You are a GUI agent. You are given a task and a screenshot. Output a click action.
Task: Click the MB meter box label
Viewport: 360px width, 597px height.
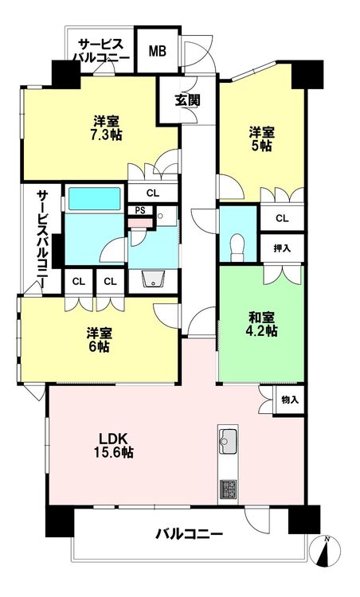coord(158,51)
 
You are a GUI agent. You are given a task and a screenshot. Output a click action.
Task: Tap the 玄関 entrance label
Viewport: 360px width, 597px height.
coord(187,100)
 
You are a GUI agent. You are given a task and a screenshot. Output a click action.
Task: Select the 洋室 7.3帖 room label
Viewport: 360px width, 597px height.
coord(107,128)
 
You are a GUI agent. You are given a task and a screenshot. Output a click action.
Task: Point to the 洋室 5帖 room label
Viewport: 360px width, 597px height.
coord(261,139)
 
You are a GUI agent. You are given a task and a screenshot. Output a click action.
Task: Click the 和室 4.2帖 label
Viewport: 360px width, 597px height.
coord(262,324)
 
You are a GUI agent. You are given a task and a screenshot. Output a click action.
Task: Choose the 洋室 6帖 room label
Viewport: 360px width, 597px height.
coord(99,340)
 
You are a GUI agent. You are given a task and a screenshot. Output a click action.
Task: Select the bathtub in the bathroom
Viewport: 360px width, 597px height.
coord(94,198)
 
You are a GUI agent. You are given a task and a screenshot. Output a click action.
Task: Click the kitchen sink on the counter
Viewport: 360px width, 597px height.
coord(229,441)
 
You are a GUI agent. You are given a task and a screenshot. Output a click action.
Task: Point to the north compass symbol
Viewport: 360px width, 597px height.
coord(325,552)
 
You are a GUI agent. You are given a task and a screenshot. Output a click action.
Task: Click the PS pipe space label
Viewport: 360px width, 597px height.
coord(140,211)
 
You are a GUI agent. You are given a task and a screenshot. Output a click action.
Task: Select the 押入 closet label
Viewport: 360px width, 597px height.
coord(282,248)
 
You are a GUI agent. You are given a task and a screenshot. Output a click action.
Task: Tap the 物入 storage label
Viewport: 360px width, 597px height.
coord(290,400)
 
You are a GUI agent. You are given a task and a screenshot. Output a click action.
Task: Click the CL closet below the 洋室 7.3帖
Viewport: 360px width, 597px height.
coord(153,193)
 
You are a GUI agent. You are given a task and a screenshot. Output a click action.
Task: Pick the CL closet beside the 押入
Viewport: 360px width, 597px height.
coord(282,218)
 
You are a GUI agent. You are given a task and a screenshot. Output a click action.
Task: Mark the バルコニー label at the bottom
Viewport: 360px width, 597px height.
coord(189,534)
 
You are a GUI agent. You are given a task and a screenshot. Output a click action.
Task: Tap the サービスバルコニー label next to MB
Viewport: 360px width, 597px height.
coord(101,51)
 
